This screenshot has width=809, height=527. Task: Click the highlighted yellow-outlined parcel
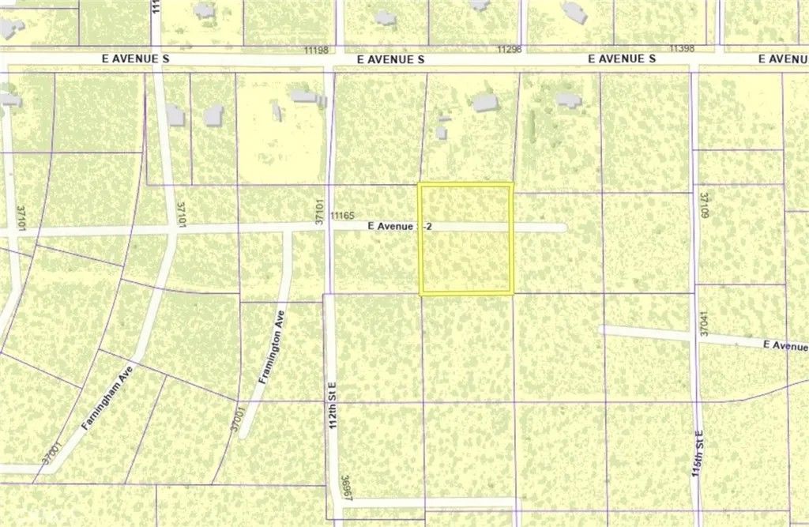coord(465,239)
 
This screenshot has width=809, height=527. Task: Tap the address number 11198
coord(316,50)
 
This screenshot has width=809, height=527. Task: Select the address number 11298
coord(510,49)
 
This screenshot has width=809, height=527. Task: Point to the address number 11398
coord(681,49)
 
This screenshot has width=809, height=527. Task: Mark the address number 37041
coord(702,324)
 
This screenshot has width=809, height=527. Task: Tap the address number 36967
coord(346,487)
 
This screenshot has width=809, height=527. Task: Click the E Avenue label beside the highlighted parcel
coord(393,226)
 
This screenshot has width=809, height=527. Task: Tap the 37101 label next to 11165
coord(320,213)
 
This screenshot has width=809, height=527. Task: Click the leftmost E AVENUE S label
coord(136,59)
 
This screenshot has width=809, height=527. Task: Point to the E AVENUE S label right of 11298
coord(623,59)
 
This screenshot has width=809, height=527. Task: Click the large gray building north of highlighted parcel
coord(484,103)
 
